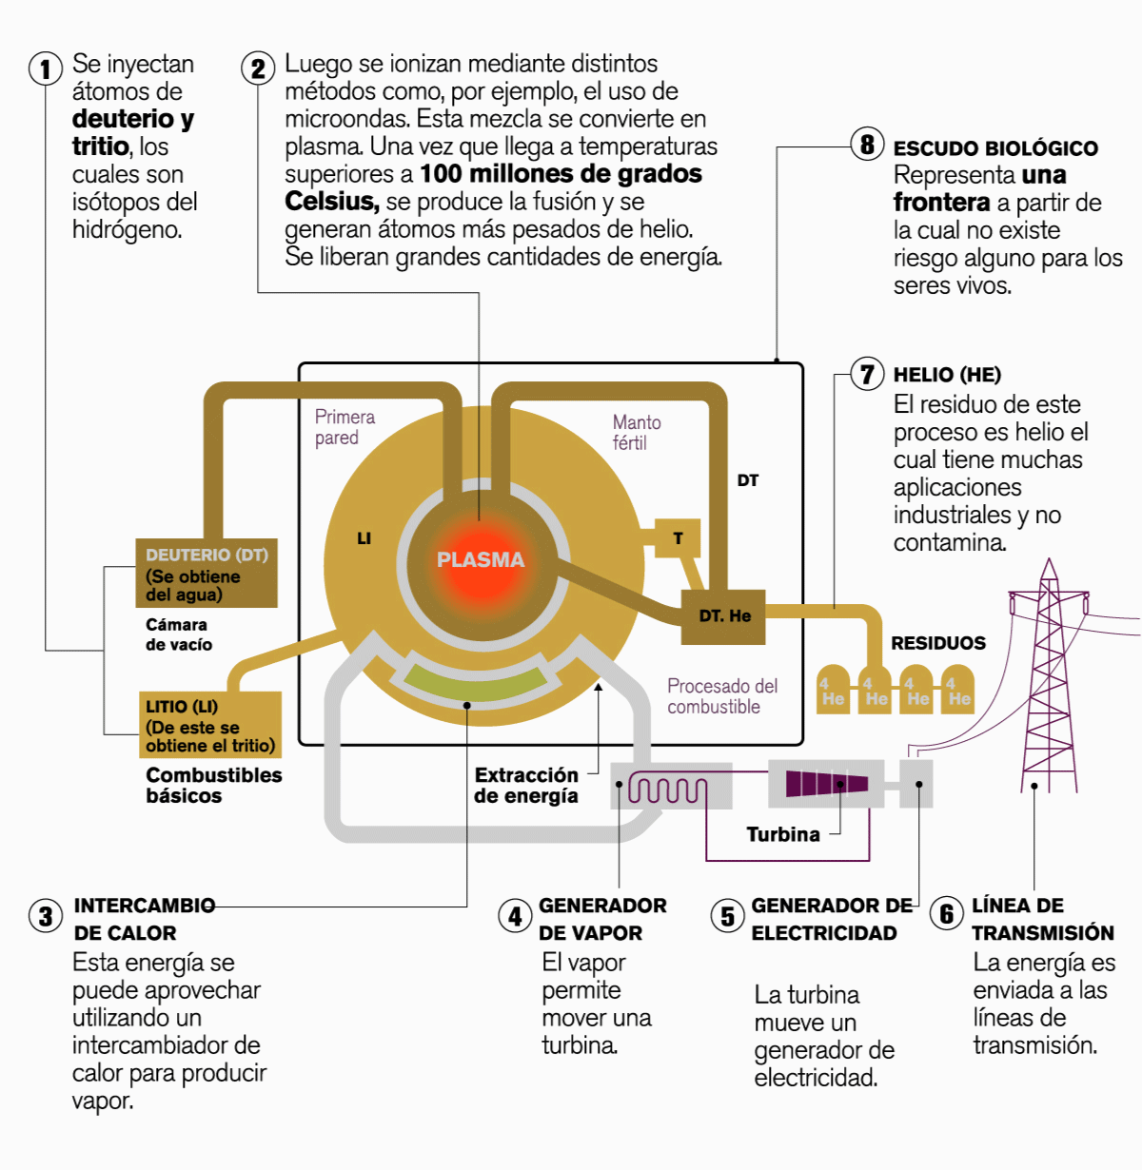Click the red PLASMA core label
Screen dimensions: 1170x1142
tap(481, 559)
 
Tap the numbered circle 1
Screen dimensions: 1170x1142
tap(45, 68)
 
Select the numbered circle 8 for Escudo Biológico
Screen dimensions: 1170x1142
tap(867, 145)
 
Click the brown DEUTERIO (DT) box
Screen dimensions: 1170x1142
tap(207, 574)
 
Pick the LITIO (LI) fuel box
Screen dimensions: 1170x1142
tap(210, 725)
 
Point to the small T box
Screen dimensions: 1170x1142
tap(679, 538)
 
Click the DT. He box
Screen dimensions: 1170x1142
tap(724, 615)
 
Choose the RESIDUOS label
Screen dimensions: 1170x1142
tap(937, 643)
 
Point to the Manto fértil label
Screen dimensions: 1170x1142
tap(637, 432)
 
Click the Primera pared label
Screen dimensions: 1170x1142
tap(345, 427)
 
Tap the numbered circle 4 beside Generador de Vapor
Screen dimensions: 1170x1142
tap(515, 916)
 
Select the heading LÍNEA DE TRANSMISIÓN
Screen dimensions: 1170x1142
tap(1042, 919)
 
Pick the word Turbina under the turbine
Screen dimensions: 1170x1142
tap(782, 834)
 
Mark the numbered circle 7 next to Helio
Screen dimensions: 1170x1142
tap(867, 374)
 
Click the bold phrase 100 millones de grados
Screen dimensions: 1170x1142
tap(561, 174)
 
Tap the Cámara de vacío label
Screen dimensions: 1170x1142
tap(178, 634)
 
